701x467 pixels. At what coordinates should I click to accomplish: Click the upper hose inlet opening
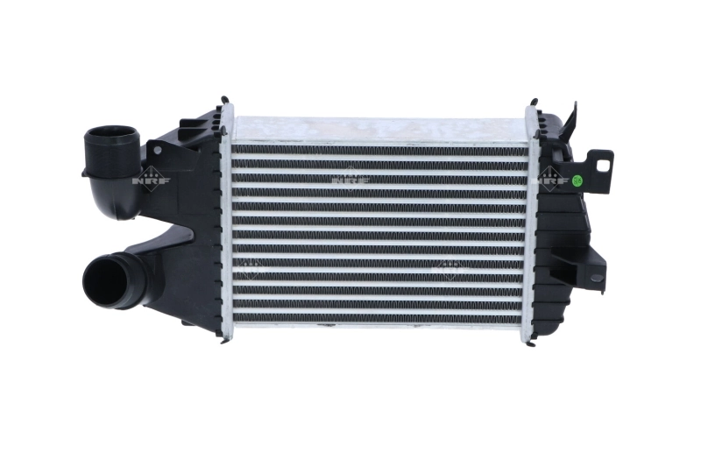click(111, 140)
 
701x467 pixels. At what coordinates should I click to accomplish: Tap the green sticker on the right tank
click(577, 181)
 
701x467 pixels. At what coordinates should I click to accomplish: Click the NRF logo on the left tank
click(151, 178)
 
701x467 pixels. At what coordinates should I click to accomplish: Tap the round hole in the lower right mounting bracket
click(596, 278)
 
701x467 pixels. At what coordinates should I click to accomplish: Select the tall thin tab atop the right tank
click(573, 118)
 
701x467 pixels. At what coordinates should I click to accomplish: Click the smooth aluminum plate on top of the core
click(377, 129)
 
